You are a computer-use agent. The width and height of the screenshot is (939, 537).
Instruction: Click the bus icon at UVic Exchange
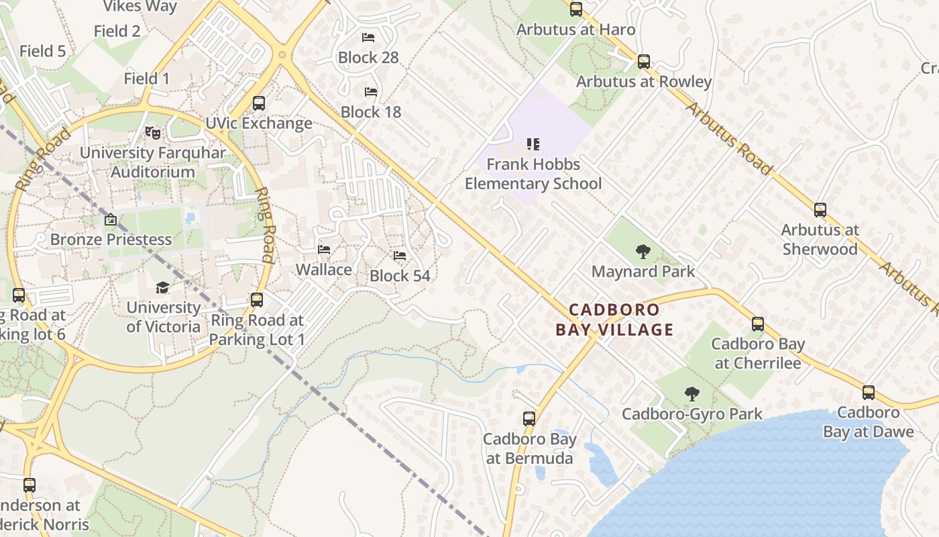(x=259, y=103)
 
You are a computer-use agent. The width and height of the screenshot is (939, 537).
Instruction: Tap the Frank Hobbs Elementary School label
(x=533, y=174)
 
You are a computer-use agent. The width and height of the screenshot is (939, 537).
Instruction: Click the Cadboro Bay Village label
(x=614, y=320)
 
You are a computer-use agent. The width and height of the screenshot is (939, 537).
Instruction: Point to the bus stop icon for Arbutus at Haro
(x=576, y=9)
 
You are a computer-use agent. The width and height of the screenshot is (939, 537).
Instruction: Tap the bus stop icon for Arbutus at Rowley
(x=644, y=62)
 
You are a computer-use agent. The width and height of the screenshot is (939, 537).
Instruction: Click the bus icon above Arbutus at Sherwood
(x=820, y=209)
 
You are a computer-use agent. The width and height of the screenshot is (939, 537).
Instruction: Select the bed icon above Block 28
(x=368, y=38)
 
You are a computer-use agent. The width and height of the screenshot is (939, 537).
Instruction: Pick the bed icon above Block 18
(x=370, y=91)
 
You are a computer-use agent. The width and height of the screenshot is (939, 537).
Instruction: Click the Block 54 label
(x=400, y=276)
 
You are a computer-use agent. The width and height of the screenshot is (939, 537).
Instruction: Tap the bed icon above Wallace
(x=324, y=250)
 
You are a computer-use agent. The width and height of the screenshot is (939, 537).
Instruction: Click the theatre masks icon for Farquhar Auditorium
(x=153, y=133)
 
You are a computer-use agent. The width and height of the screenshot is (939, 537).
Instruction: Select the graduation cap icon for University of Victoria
(x=163, y=288)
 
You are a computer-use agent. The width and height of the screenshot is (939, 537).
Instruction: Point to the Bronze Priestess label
(x=111, y=239)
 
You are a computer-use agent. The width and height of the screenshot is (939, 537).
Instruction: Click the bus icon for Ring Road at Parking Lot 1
(x=256, y=300)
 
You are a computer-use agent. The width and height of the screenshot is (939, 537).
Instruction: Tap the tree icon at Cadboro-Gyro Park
(x=692, y=394)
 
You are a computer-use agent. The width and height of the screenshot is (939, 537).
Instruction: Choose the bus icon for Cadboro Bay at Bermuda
(x=529, y=419)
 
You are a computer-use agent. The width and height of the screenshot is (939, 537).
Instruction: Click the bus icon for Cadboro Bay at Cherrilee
(x=758, y=324)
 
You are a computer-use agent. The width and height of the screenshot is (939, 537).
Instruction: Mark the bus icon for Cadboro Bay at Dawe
(x=869, y=393)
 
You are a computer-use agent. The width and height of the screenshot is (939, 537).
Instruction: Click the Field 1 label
(x=147, y=79)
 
